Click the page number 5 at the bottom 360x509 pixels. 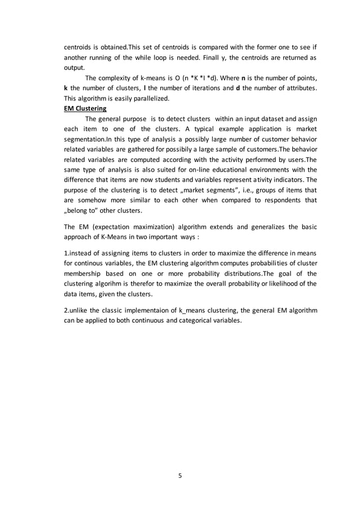pos(180,475)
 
